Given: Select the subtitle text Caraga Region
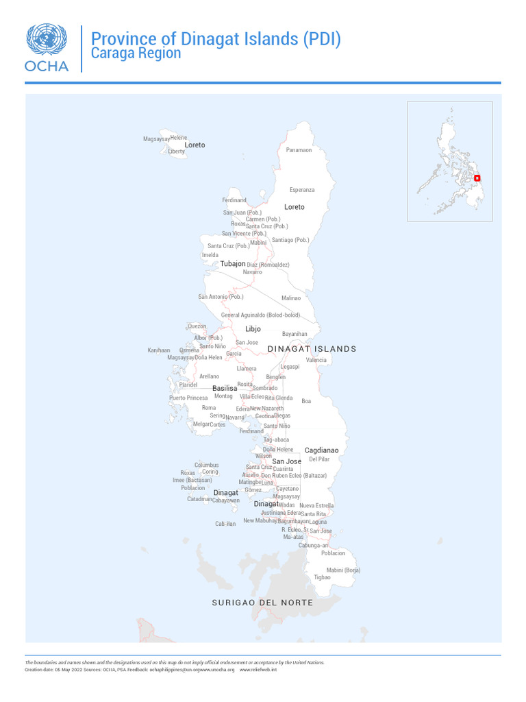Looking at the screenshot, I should [x=136, y=53].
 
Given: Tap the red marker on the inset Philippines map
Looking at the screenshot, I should [x=477, y=178].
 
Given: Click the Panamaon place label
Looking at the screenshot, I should [x=299, y=150].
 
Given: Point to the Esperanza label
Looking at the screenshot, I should [x=302, y=190].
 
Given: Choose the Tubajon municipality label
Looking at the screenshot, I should [x=232, y=264].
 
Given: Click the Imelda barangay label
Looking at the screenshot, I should [x=210, y=255].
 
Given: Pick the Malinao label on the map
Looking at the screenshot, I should [x=291, y=298].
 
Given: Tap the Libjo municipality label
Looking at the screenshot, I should [x=253, y=329].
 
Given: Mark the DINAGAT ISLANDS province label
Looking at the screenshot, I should [x=312, y=349].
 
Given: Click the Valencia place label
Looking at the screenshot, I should [x=316, y=360].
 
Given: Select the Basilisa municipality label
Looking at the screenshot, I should [x=225, y=389].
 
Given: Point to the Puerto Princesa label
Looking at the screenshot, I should [x=188, y=398].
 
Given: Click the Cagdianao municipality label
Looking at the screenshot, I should [x=321, y=450].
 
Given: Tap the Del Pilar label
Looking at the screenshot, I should [x=319, y=459].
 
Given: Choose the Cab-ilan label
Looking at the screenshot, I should [x=225, y=524].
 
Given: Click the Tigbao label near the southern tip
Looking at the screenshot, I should [x=322, y=577].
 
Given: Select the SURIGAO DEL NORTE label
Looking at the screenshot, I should [x=262, y=603].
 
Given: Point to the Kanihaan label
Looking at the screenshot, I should [x=159, y=350].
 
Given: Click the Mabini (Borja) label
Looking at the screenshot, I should [x=343, y=570].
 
